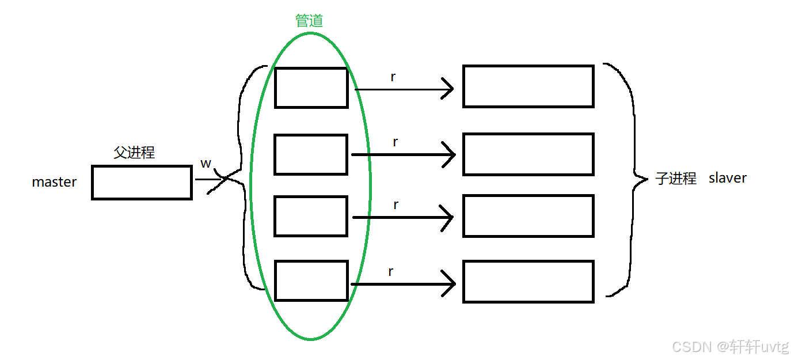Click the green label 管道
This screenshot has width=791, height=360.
coord(309,21)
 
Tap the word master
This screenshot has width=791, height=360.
coord(54,182)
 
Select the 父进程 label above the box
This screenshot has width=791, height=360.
coord(134,153)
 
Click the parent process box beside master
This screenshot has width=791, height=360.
coord(142,183)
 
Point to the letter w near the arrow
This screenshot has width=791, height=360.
coord(206,164)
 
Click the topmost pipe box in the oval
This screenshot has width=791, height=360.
coord(311,88)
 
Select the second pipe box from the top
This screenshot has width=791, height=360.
coord(311,154)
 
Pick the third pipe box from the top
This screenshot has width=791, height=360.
coord(311,216)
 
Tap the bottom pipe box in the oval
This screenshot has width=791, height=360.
coord(311,281)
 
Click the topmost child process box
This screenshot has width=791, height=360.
coord(528,86)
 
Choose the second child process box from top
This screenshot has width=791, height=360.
coord(528,154)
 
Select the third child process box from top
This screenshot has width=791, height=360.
coord(528,216)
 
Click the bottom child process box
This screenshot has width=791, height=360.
coord(528,281)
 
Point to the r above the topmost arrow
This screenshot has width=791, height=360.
coord(393,77)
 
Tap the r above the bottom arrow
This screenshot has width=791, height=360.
coord(391,272)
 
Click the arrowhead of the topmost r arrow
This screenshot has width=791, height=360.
coord(448,89)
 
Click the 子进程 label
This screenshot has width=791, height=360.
coord(676,179)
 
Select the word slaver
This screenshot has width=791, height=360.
coord(728,178)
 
